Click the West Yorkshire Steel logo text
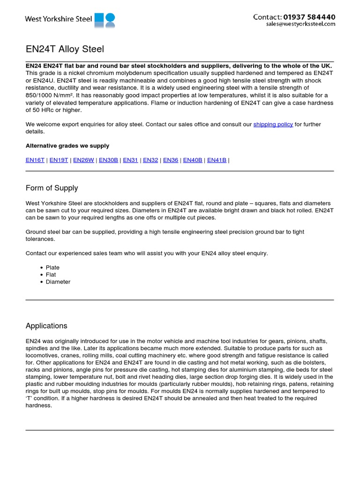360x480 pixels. (58, 19)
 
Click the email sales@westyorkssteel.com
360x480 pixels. (300, 24)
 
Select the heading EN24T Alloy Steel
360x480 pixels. (65, 49)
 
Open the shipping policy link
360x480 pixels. (273, 124)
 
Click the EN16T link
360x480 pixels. (35, 160)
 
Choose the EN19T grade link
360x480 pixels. (59, 160)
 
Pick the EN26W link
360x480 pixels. (84, 160)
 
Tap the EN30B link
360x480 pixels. (108, 160)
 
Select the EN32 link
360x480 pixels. (150, 160)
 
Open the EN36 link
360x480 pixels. (171, 160)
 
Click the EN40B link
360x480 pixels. (193, 160)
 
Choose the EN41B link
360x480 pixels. (217, 160)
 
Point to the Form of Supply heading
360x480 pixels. (52, 188)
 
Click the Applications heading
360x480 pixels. (46, 326)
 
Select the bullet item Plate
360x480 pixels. (52, 268)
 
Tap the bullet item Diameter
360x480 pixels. (58, 282)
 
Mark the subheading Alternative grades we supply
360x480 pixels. (67, 146)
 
